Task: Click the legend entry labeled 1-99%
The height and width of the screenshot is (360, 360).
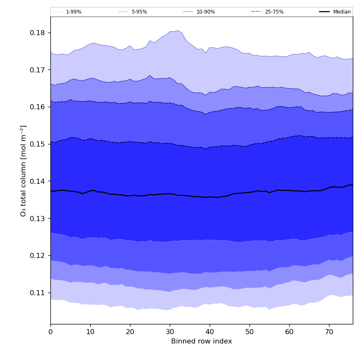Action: (73, 12)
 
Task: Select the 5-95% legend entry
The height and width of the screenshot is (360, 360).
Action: (139, 12)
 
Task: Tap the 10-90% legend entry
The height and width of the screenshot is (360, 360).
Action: (205, 12)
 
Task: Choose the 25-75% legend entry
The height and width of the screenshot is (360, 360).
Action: (274, 12)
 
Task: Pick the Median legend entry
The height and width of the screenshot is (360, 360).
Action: (341, 12)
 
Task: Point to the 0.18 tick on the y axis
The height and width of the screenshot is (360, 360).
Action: (37, 33)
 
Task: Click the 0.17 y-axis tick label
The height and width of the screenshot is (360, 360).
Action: (37, 70)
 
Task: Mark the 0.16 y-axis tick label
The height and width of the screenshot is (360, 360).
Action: (37, 107)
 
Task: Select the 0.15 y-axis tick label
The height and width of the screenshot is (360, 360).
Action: (37, 144)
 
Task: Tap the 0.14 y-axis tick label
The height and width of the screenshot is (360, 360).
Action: (37, 181)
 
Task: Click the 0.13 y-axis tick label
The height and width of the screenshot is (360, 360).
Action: (37, 219)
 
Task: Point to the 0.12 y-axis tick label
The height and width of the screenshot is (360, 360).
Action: (37, 256)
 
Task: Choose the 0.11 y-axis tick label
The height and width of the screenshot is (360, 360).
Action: (37, 293)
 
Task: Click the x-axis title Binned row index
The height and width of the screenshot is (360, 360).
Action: (202, 341)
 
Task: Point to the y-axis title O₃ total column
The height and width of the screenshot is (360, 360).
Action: (24, 170)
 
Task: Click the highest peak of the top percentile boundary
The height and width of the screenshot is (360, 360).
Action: (178, 30)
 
